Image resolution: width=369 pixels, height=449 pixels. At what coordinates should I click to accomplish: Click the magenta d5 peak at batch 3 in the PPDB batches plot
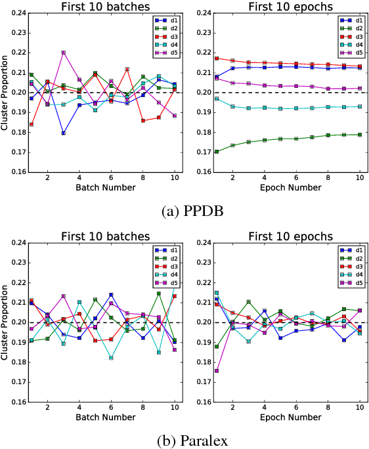click(x=63, y=53)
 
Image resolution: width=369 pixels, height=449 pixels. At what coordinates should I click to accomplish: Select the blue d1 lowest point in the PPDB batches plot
click(x=63, y=133)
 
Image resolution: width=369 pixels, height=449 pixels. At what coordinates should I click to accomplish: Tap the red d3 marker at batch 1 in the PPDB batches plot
click(x=32, y=124)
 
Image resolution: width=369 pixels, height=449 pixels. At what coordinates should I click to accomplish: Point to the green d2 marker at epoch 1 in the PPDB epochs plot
click(x=217, y=152)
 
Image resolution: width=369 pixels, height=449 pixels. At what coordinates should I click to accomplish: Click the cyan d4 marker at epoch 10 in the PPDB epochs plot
click(x=358, y=106)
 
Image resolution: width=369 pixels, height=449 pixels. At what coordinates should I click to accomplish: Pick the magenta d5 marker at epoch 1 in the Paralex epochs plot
click(x=217, y=371)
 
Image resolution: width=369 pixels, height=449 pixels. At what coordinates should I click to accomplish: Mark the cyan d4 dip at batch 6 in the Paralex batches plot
click(x=111, y=358)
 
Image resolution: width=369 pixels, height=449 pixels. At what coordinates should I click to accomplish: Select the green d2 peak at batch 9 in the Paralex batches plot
click(x=158, y=293)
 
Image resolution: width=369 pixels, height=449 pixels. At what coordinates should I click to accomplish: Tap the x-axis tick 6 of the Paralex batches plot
click(x=111, y=408)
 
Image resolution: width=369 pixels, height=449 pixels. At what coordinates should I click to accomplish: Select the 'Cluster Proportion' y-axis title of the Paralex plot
click(x=5, y=322)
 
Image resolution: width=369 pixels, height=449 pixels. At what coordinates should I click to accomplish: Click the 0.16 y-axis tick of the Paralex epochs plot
click(x=200, y=402)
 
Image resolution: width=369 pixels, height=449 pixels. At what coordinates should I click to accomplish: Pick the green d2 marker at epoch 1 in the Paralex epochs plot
click(x=217, y=347)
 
